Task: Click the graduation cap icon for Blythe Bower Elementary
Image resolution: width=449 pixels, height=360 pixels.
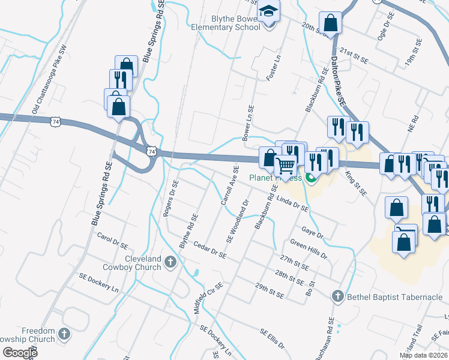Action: (x=268, y=11)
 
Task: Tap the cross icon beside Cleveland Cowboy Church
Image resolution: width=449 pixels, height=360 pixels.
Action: (x=170, y=262)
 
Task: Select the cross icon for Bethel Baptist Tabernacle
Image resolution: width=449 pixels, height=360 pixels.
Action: (x=337, y=296)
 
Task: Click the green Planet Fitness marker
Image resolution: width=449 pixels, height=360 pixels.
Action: (x=310, y=178)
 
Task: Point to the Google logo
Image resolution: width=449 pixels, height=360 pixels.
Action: (x=20, y=353)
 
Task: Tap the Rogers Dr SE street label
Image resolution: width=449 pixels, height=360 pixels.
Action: (x=172, y=199)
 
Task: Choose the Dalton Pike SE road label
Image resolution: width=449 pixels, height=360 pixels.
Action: (x=339, y=83)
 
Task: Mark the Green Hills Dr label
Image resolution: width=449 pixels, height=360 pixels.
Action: (x=309, y=249)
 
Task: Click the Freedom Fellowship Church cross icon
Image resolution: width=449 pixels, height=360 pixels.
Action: (x=65, y=333)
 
